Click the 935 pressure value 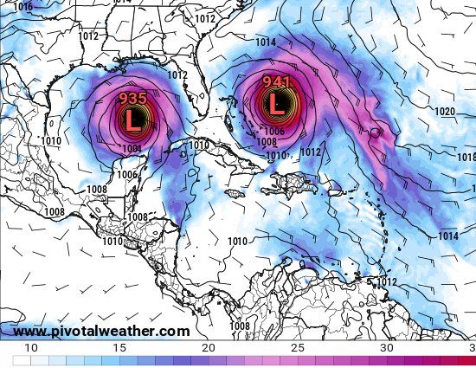coord(132,98)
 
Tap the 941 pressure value coord(276,83)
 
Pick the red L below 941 coord(276,104)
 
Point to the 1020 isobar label coord(445,112)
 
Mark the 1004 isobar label coord(132,149)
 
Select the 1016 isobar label coord(23,7)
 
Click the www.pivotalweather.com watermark coord(101,332)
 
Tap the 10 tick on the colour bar coord(31,347)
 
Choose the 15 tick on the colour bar coord(119,347)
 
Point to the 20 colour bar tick coord(208,347)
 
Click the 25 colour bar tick coord(297,347)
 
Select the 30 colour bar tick coord(386,347)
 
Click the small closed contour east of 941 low coord(375,132)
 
